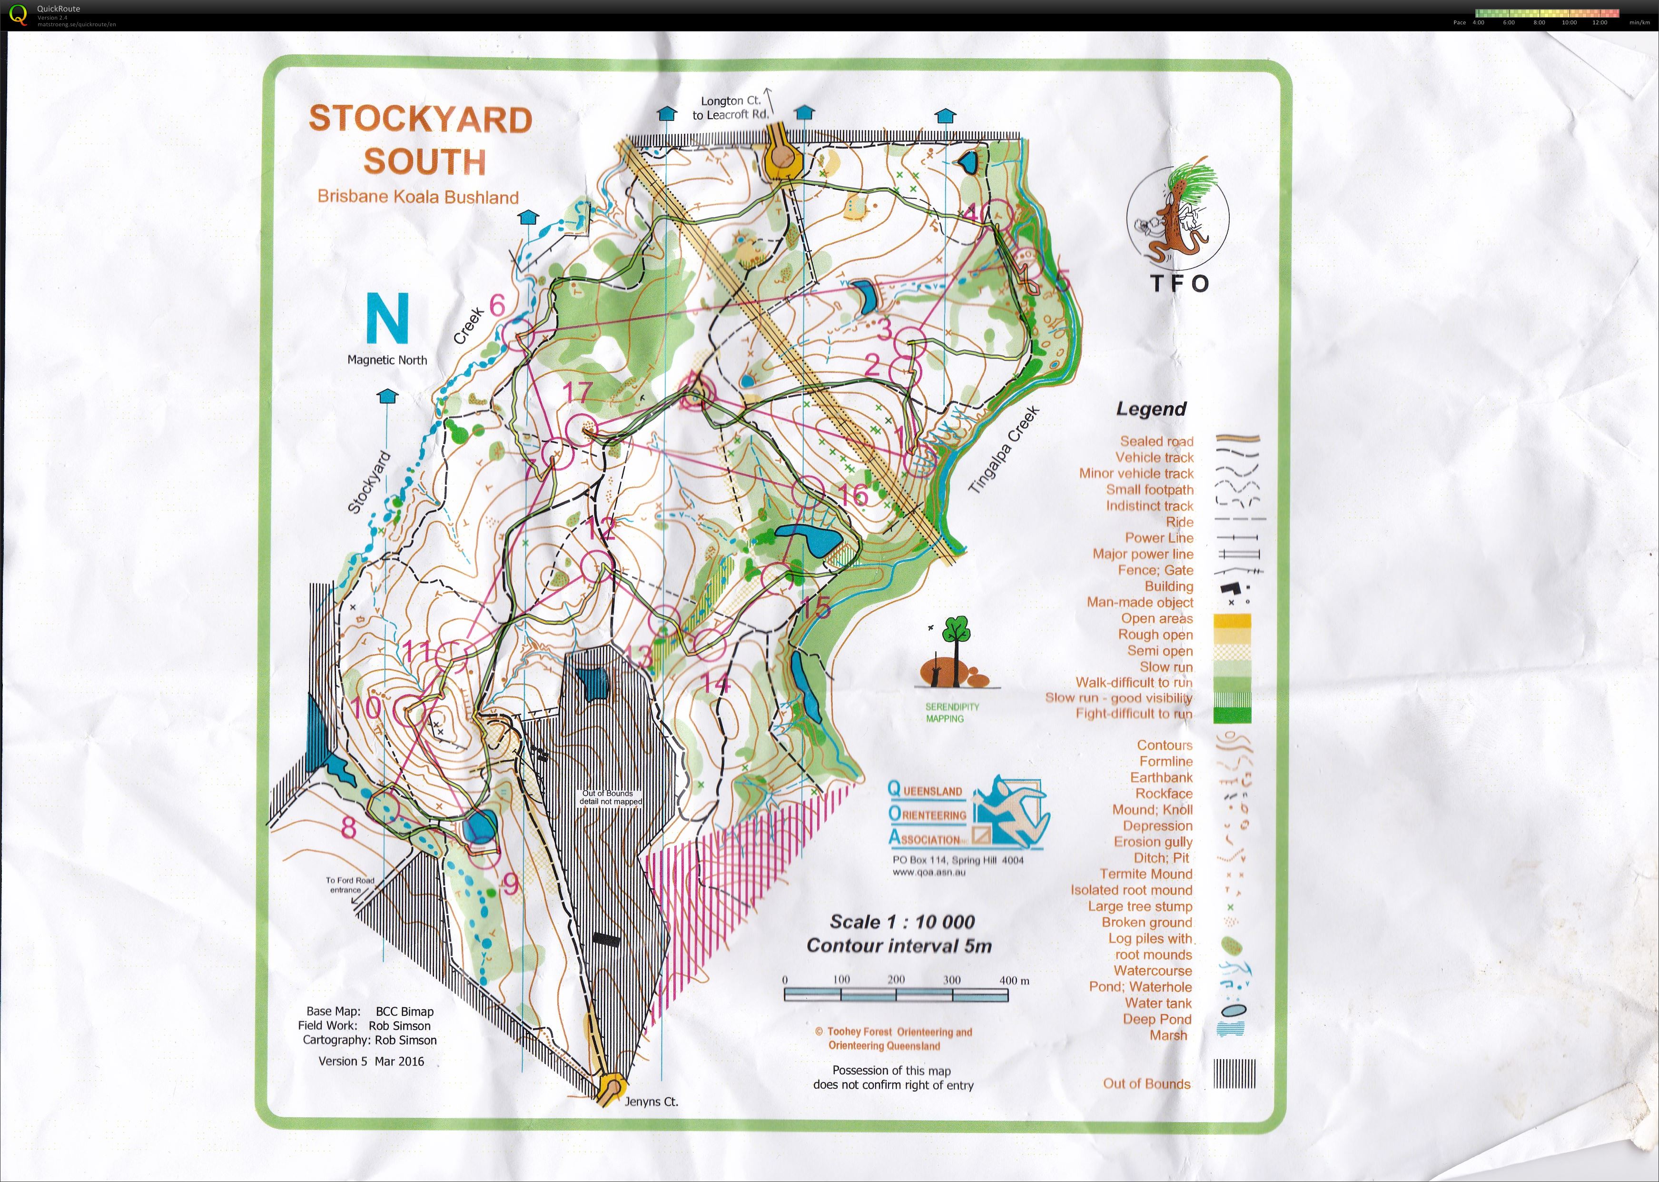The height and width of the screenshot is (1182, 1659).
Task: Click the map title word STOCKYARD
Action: click(x=421, y=119)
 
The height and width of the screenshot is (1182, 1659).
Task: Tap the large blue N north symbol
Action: click(x=386, y=319)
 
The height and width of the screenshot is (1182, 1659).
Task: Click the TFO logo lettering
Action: click(x=1179, y=284)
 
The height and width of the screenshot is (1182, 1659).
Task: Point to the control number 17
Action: click(x=577, y=393)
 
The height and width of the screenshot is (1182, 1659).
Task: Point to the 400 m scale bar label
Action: click(x=1014, y=980)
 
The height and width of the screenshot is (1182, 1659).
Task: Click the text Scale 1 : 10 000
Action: click(x=901, y=922)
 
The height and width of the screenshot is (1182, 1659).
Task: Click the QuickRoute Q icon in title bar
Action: click(x=18, y=14)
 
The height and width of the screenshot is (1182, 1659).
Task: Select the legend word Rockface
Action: click(x=1164, y=794)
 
